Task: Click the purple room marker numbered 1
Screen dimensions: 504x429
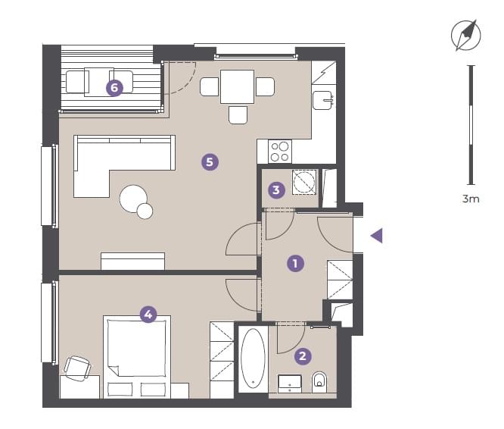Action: click(295, 263)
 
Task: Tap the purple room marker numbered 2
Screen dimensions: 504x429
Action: click(303, 356)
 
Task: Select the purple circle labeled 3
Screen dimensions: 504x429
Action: click(276, 190)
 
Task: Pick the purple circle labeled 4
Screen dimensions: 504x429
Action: click(148, 314)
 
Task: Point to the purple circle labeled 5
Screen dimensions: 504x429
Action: click(210, 161)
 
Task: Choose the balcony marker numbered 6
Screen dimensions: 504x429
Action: click(114, 88)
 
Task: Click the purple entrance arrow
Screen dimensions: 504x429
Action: click(376, 236)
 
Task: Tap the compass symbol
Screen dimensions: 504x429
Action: click(465, 35)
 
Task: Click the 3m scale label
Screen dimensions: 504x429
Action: click(471, 199)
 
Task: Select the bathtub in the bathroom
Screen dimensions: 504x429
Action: click(253, 359)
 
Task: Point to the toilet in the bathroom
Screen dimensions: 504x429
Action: click(319, 382)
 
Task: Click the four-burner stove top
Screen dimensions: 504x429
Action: click(280, 152)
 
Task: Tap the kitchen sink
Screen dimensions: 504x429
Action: click(322, 100)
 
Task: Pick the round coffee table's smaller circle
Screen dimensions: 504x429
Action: click(145, 211)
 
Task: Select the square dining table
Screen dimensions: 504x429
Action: click(237, 86)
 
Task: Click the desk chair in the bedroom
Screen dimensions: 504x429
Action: click(77, 368)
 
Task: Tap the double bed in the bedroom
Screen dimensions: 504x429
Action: click(137, 356)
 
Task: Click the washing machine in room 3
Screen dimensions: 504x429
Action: click(304, 182)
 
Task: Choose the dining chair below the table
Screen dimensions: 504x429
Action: click(238, 115)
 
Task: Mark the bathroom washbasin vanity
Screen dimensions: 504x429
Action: click(290, 384)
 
